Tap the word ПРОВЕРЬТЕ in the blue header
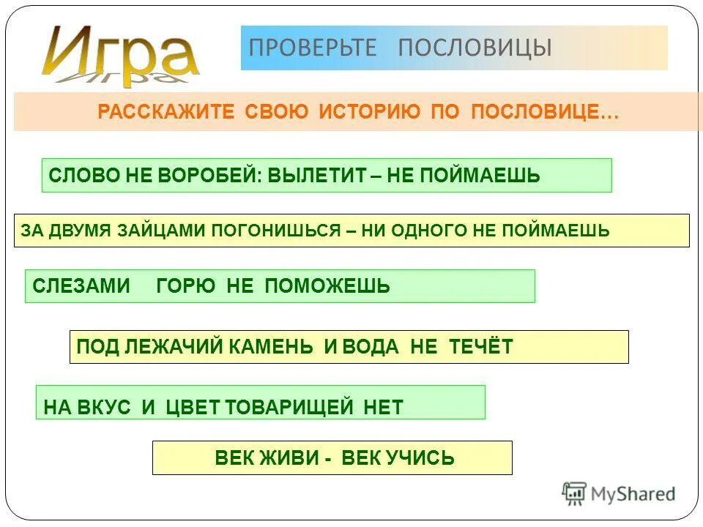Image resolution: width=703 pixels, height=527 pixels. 313,48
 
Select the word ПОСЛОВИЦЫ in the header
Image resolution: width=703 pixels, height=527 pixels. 475,48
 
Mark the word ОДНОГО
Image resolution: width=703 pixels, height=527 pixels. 432,231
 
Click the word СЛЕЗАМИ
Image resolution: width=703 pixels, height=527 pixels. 81,286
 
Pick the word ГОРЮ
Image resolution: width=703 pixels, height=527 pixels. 186,286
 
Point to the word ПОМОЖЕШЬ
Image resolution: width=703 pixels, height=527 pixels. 327,286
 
